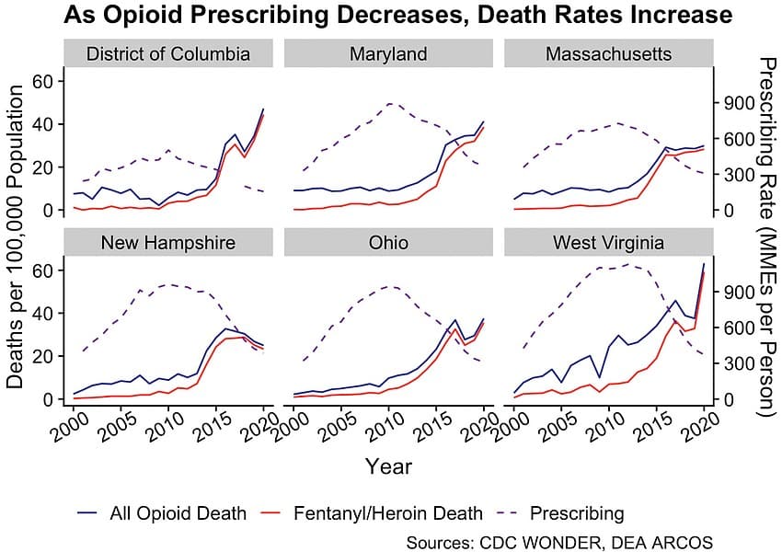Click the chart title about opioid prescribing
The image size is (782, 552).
397,16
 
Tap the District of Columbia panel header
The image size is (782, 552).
168,53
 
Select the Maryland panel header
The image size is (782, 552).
388,53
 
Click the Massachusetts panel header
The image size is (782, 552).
609,53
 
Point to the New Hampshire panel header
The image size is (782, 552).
168,243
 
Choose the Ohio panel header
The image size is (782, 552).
388,243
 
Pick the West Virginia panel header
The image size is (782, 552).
609,243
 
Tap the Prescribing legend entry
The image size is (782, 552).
564,513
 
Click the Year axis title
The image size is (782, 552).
388,466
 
